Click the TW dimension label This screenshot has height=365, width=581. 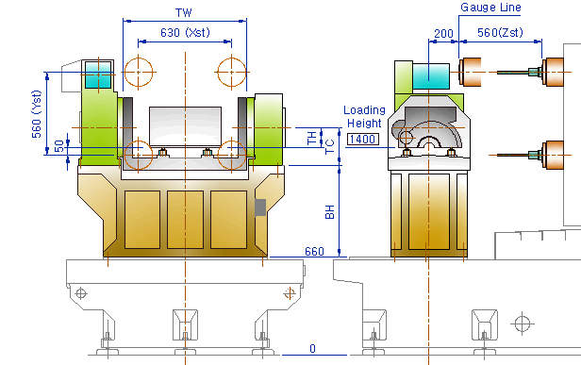tap(184, 12)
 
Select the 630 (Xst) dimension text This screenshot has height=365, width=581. tap(185, 33)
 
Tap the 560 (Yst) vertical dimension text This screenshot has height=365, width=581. tap(37, 114)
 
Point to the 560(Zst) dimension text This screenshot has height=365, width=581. tap(500, 33)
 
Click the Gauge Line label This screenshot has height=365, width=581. tap(490, 8)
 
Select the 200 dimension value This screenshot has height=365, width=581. tap(443, 34)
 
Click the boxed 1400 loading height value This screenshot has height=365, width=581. tap(363, 140)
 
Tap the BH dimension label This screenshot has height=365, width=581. tap(329, 211)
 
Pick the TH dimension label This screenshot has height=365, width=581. tap(312, 138)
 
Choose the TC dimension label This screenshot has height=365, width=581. tap(329, 146)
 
